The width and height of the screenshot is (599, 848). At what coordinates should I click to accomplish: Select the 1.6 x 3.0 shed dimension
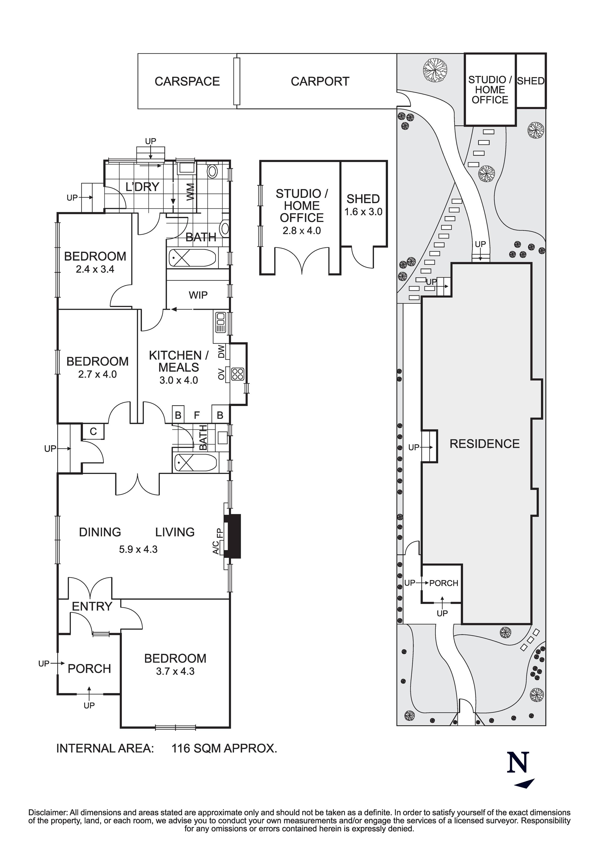[x=363, y=212]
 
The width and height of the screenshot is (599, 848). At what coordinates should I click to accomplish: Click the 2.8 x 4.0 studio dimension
[x=301, y=231]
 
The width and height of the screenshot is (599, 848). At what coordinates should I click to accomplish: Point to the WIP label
[x=198, y=295]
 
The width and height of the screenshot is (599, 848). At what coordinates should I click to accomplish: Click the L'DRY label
[x=142, y=187]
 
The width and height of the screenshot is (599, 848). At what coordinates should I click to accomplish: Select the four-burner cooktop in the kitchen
[x=237, y=374]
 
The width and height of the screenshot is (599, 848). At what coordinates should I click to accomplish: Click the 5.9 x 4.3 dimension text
[x=138, y=550]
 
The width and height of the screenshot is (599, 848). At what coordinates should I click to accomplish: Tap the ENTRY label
[x=92, y=606]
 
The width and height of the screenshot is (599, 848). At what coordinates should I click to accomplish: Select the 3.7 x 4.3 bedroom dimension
[x=175, y=671]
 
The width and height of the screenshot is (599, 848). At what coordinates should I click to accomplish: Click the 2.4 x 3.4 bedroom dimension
[x=95, y=269]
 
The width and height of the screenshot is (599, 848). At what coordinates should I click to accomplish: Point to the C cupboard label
[x=93, y=431]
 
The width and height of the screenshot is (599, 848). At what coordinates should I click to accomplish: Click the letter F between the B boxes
[x=197, y=415]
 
